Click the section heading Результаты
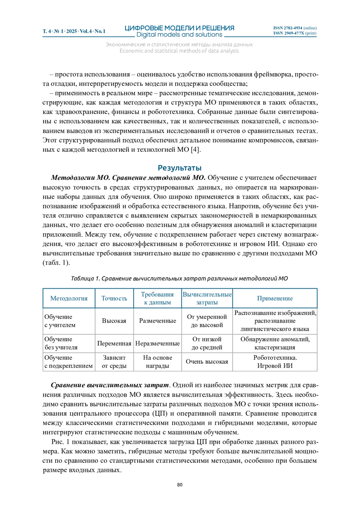(179, 168)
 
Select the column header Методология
(69, 298)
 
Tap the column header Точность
(114, 298)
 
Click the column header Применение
(274, 298)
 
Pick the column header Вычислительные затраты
(207, 298)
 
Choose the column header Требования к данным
(157, 298)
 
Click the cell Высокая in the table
(114, 321)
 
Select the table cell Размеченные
(157, 321)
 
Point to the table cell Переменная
(114, 344)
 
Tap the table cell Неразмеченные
(157, 344)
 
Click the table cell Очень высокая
(207, 362)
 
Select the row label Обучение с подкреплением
(68, 362)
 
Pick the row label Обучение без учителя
(61, 343)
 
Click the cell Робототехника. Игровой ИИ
(275, 362)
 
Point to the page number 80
(180, 485)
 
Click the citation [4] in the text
(195, 149)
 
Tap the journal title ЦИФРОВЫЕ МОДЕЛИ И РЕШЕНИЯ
(179, 28)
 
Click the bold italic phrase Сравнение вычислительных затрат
(110, 385)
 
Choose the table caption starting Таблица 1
(179, 278)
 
